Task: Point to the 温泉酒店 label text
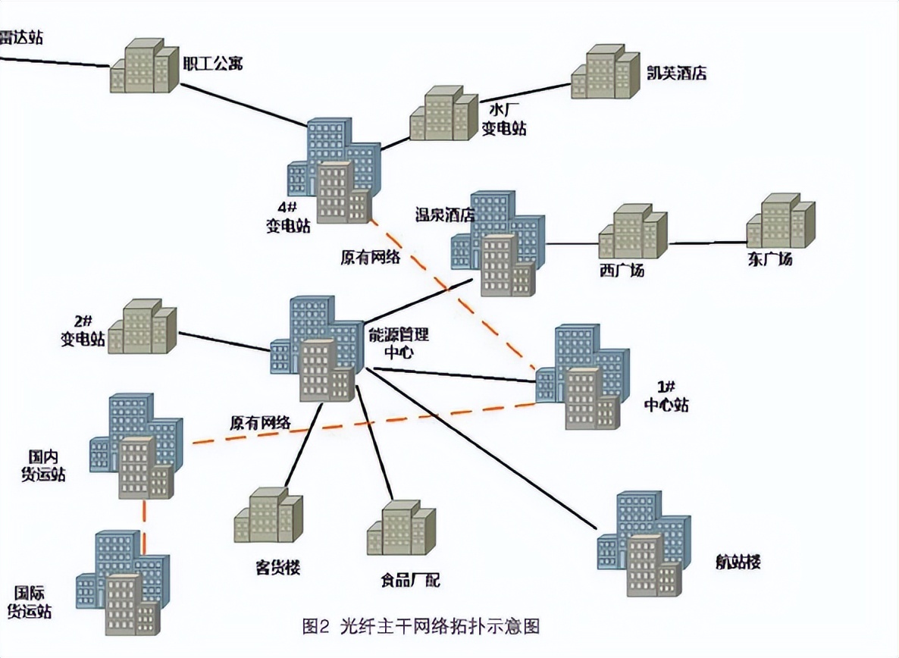[x=444, y=215]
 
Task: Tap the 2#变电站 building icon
[x=143, y=327]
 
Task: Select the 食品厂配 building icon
[x=402, y=528]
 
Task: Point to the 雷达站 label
[x=20, y=36]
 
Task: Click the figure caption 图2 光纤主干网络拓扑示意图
[x=421, y=626]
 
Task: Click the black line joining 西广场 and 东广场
[x=707, y=243]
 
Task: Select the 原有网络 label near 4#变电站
[x=370, y=256]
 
